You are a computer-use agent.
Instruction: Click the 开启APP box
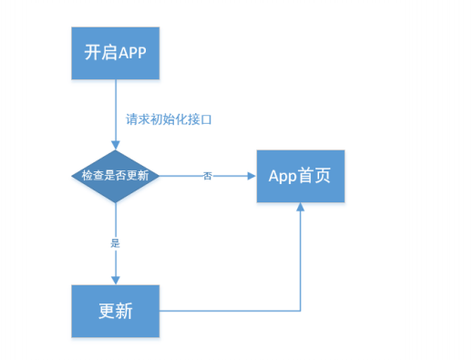click(x=116, y=52)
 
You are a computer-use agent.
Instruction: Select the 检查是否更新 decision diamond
click(x=116, y=175)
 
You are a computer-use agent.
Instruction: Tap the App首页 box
click(x=300, y=175)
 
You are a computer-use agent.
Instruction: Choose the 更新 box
click(x=116, y=310)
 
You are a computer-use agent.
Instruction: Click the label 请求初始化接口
click(x=169, y=119)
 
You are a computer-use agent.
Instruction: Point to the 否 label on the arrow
click(x=208, y=176)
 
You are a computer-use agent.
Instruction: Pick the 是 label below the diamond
click(x=116, y=243)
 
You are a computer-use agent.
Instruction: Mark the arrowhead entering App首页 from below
click(x=300, y=209)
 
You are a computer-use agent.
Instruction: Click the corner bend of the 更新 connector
click(x=300, y=310)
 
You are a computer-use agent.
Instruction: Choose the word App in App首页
click(x=283, y=175)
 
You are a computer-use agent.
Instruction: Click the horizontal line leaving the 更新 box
click(x=228, y=310)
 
